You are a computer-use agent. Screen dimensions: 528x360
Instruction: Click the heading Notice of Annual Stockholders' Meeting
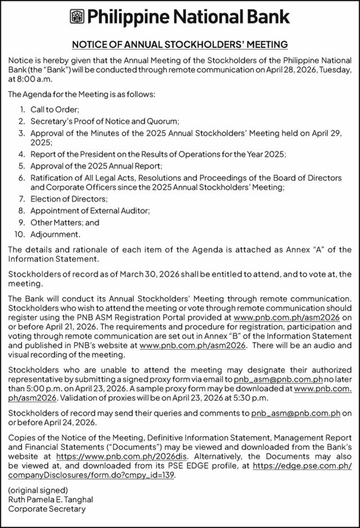click(179, 44)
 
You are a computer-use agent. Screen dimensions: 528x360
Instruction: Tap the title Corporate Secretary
click(47, 509)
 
